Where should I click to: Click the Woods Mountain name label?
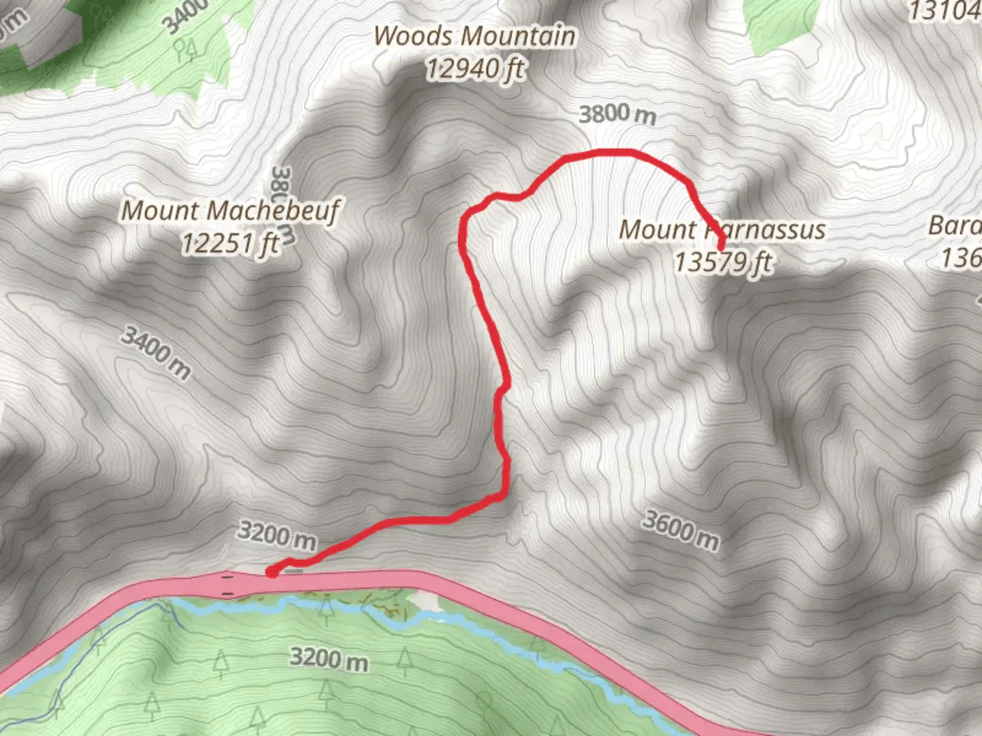tap(474, 36)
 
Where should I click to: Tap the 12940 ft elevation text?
tap(475, 69)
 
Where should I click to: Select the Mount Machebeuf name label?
tap(230, 211)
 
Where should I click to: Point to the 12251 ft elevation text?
tap(230, 243)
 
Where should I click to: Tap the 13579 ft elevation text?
tap(723, 262)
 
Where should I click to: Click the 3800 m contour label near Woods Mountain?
tap(617, 114)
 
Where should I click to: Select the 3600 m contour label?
tap(681, 530)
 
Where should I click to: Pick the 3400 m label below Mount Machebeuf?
tap(156, 352)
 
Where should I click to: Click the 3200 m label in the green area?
tap(329, 659)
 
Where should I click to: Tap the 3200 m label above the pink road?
tap(277, 536)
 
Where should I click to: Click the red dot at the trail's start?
tap(271, 572)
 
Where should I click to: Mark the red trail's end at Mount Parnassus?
tap(720, 243)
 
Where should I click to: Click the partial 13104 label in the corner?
tap(945, 11)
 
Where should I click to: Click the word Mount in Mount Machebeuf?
tap(160, 211)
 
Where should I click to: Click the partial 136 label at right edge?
tap(961, 258)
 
